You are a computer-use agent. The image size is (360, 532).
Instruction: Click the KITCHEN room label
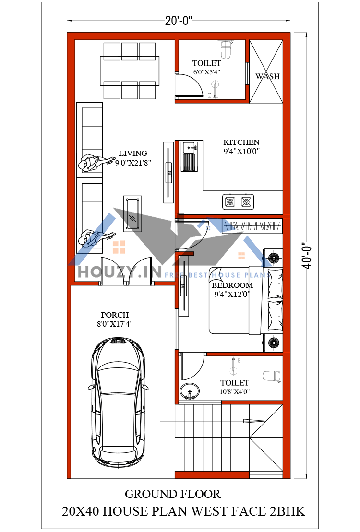click(x=241, y=142)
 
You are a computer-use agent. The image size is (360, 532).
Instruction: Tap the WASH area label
click(x=267, y=76)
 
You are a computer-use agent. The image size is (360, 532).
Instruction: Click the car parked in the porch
click(x=118, y=399)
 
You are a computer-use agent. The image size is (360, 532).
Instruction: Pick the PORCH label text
click(x=115, y=315)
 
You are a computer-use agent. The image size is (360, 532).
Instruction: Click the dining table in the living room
click(x=129, y=71)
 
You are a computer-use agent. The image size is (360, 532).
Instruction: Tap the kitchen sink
click(x=189, y=156)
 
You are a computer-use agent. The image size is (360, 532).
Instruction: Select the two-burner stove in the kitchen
click(x=238, y=202)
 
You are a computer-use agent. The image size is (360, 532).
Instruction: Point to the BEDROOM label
click(x=232, y=285)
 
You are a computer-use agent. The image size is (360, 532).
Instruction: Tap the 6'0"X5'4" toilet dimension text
click(x=207, y=72)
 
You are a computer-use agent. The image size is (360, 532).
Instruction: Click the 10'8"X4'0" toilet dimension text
click(x=235, y=391)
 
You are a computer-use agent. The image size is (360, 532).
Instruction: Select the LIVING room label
click(x=133, y=154)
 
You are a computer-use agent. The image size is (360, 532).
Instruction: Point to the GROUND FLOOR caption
click(x=173, y=494)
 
